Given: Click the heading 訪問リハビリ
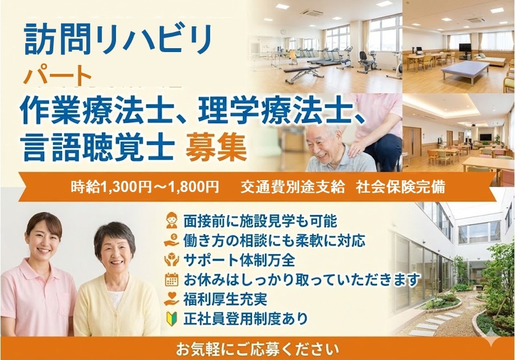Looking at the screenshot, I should coord(118,39).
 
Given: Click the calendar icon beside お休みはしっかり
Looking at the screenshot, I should coord(171,279).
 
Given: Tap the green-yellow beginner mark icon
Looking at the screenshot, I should coord(171,319).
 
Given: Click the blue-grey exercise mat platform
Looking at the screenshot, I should coord(465,71).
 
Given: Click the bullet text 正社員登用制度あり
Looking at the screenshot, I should coord(245,319).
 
